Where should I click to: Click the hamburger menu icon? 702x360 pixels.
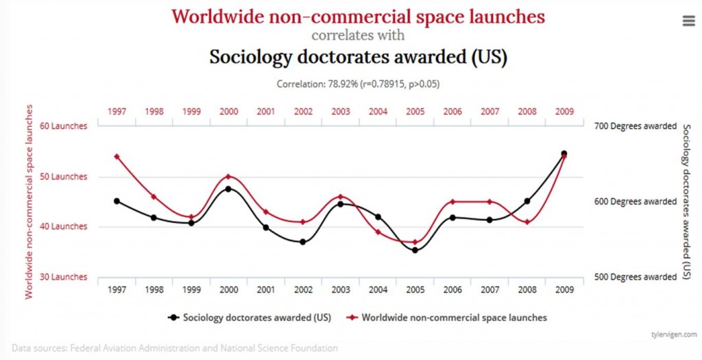[688, 21]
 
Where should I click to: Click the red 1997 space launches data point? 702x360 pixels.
[117, 156]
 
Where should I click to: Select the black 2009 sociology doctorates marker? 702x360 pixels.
[564, 154]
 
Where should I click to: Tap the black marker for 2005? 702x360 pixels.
[415, 250]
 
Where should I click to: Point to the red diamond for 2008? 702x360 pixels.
[526, 222]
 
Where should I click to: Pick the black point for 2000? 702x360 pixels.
[228, 189]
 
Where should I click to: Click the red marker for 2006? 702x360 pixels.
[452, 202]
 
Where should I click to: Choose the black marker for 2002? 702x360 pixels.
[303, 241]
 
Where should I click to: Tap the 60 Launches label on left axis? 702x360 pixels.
[64, 126]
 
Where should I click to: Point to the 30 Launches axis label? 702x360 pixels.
[64, 277]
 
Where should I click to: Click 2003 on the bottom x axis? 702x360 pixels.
[341, 290]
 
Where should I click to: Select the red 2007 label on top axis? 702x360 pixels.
[489, 111]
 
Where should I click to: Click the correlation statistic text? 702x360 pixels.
[358, 84]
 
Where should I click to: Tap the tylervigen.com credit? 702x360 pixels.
[673, 334]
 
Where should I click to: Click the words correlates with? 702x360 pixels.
[358, 35]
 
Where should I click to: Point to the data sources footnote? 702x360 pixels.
[175, 348]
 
